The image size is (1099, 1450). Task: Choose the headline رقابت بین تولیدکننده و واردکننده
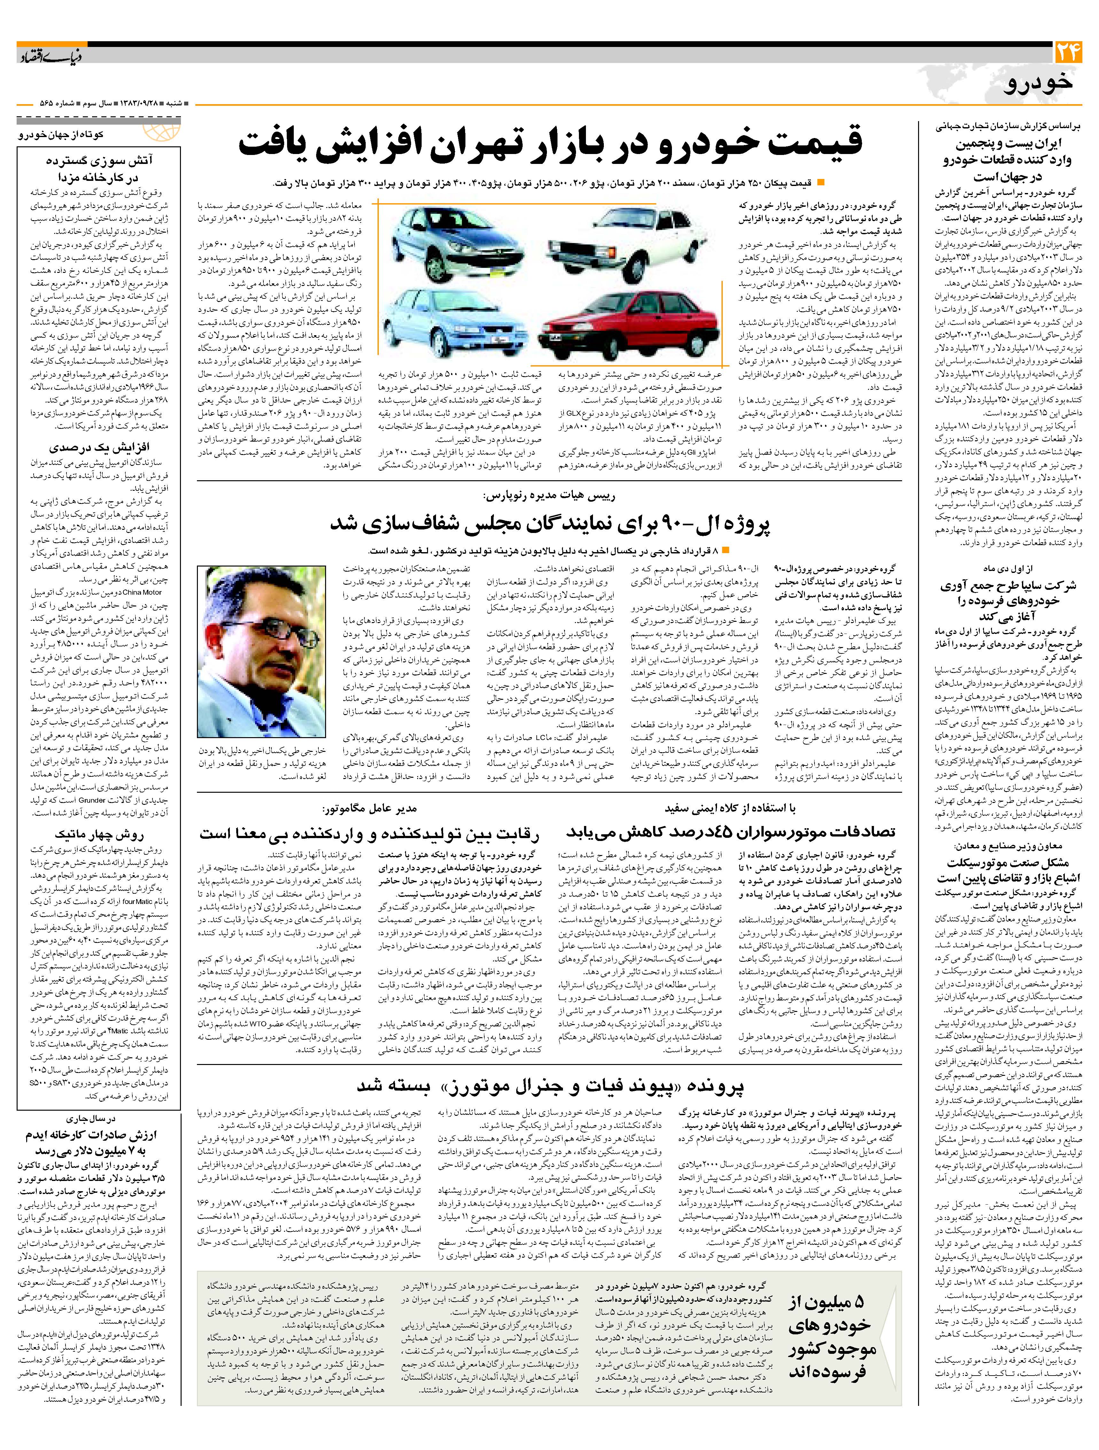[x=369, y=833]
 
